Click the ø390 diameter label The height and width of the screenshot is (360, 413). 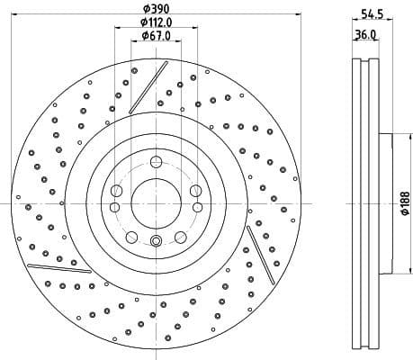157,7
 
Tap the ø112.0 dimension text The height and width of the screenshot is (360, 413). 157,22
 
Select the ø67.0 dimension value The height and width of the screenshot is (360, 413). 157,35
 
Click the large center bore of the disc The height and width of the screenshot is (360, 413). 156,202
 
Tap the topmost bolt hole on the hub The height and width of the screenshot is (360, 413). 156,162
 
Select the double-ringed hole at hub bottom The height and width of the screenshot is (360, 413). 156,240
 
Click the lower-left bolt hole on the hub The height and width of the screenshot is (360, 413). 131,237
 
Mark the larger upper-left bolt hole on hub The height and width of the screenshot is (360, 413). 116,190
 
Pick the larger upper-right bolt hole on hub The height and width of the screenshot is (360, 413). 195,190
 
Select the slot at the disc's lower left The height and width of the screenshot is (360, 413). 53,265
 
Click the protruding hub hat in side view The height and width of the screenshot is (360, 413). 389,202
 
